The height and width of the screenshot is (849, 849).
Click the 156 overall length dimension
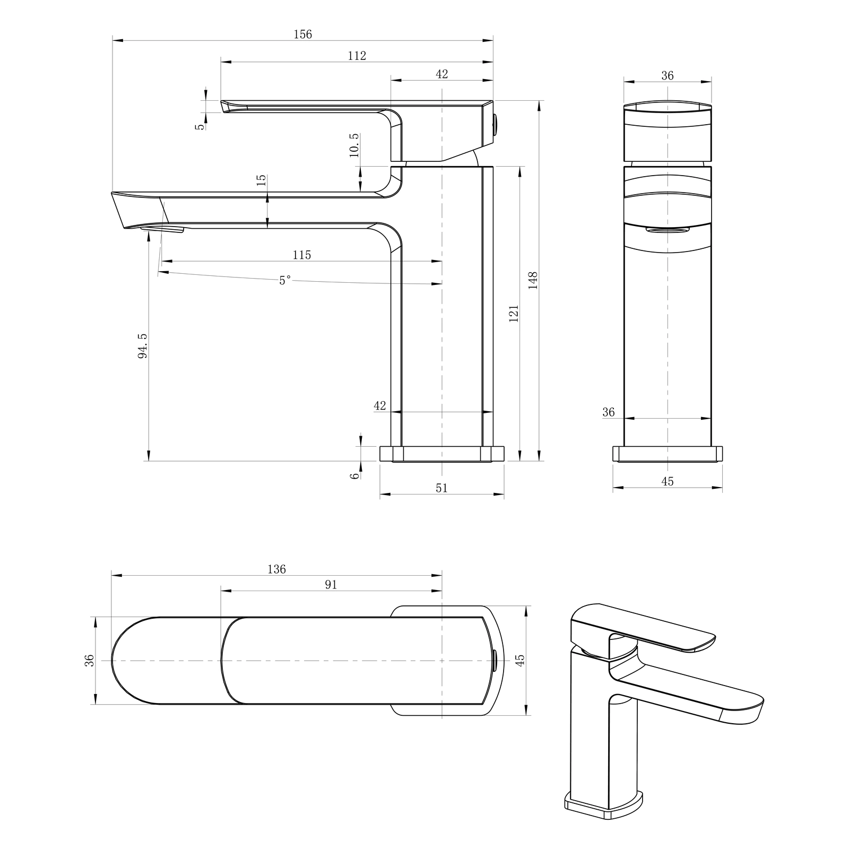point(303,34)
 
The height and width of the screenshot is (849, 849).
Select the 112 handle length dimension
point(357,56)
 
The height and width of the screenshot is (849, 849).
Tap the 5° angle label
point(285,280)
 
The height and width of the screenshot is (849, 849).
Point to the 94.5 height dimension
point(143,346)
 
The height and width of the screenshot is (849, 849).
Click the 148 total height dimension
point(533,280)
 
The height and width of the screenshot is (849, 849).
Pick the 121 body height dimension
point(513,313)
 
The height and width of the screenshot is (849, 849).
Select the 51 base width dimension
point(441,488)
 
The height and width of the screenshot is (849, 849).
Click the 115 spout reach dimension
point(302,255)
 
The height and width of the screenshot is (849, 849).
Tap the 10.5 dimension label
point(354,145)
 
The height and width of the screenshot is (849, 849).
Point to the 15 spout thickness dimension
point(261,180)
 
